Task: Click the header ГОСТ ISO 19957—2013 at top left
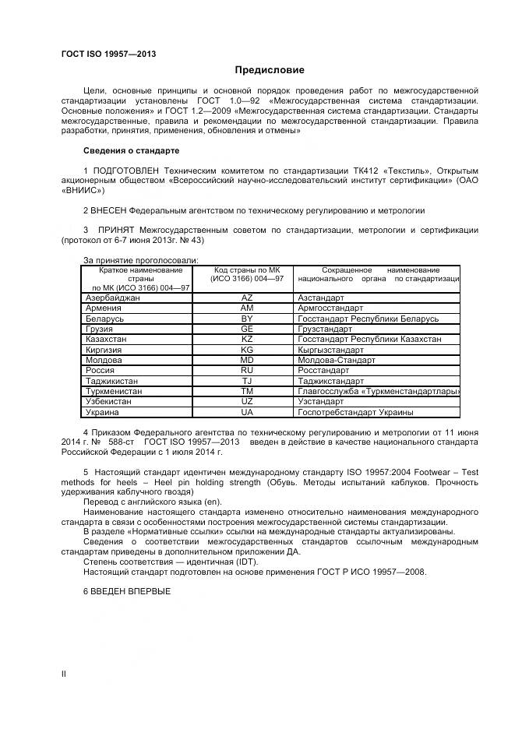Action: point(108,53)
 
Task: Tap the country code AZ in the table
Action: point(247,298)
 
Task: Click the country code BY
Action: point(247,319)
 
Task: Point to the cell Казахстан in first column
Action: point(105,340)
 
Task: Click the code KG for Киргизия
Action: point(247,350)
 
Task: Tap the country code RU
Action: point(247,371)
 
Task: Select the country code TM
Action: point(247,392)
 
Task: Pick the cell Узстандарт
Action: point(321,402)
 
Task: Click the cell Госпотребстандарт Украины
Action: point(355,412)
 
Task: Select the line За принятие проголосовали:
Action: point(140,259)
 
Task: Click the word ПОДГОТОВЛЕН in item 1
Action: point(122,171)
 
